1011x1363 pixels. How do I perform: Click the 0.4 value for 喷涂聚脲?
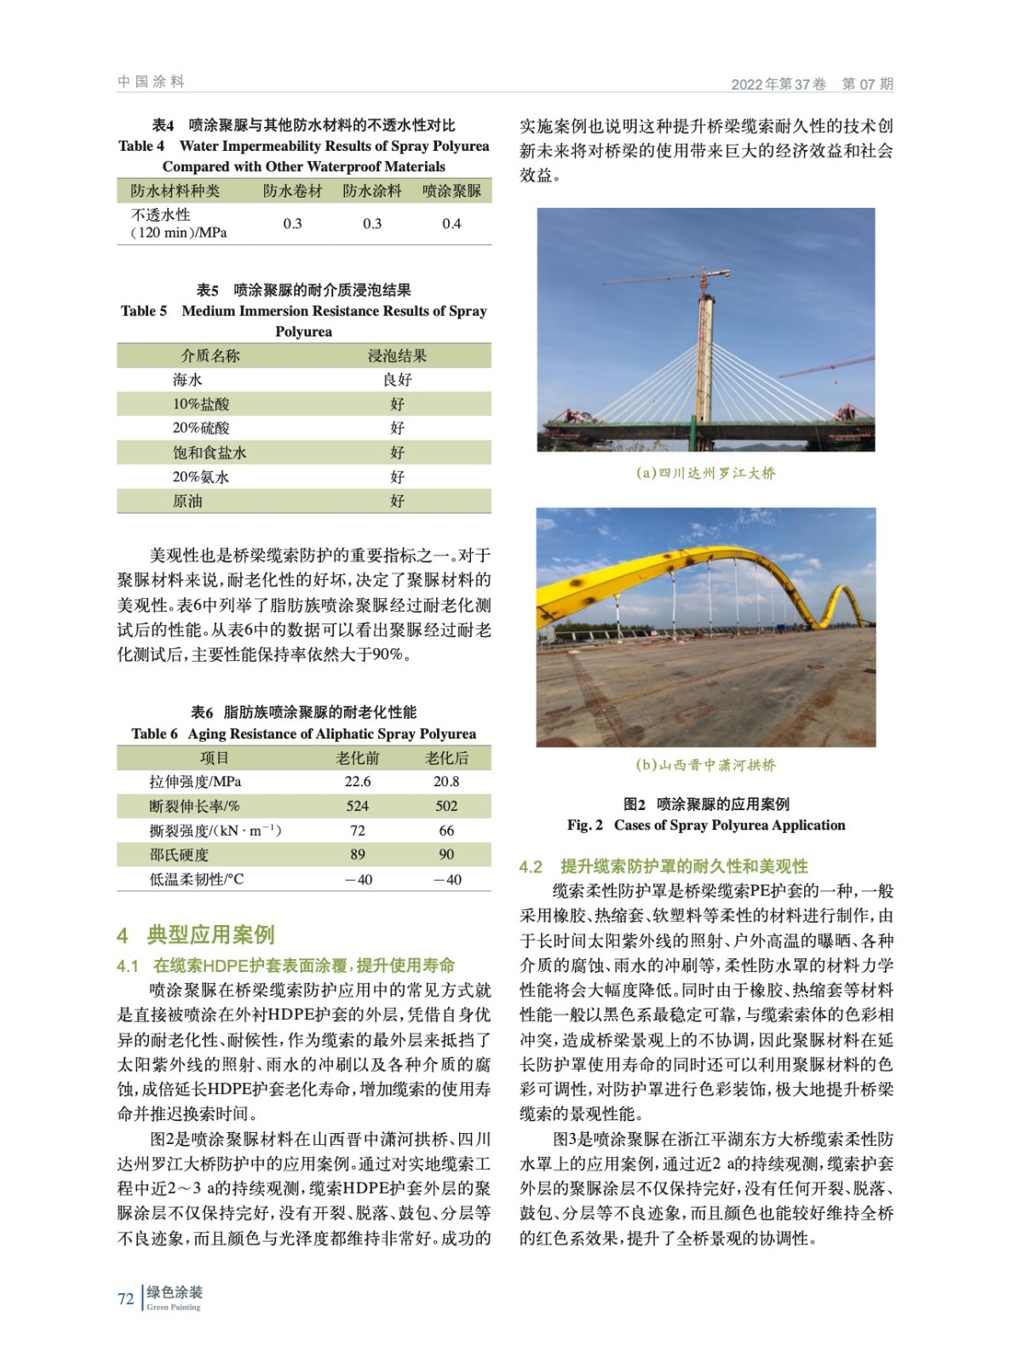click(x=451, y=223)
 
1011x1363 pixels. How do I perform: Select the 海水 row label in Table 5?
click(x=187, y=380)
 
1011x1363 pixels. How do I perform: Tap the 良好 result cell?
click(x=397, y=380)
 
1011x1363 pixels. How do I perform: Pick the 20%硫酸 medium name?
click(x=201, y=428)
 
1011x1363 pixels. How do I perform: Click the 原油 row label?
click(x=187, y=501)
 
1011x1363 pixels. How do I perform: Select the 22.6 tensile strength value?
click(x=358, y=781)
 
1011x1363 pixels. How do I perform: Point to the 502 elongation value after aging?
click(x=446, y=806)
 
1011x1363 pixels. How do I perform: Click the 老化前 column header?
click(x=358, y=757)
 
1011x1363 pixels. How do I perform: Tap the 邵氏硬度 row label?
click(x=179, y=854)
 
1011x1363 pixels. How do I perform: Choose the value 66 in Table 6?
click(x=446, y=831)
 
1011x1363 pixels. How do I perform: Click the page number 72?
click(x=125, y=1299)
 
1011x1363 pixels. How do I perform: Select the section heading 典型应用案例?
click(x=210, y=935)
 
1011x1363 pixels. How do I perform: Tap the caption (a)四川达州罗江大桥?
click(x=706, y=473)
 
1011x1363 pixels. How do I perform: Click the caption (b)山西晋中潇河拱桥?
click(x=706, y=765)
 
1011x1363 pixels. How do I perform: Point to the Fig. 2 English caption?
click(x=706, y=825)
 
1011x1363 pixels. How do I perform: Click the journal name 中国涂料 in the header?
click(x=151, y=82)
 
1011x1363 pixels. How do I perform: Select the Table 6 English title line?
click(x=304, y=733)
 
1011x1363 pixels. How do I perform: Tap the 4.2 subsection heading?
click(x=663, y=866)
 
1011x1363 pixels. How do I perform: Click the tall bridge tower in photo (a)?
click(x=705, y=358)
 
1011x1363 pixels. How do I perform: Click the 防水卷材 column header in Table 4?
click(x=292, y=191)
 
